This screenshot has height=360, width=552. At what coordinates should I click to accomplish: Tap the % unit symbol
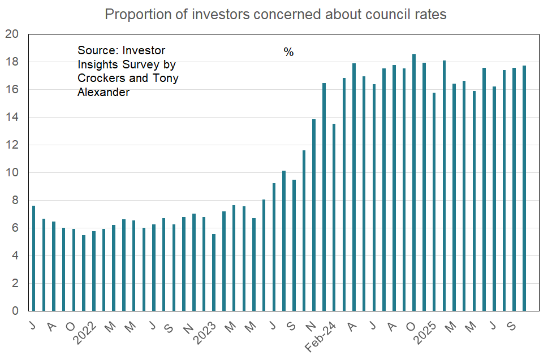(288, 53)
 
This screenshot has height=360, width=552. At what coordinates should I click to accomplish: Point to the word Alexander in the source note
(103, 92)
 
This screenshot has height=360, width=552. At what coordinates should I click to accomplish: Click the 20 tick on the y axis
(13, 34)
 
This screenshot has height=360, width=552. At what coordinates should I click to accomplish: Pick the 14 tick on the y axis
(13, 118)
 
